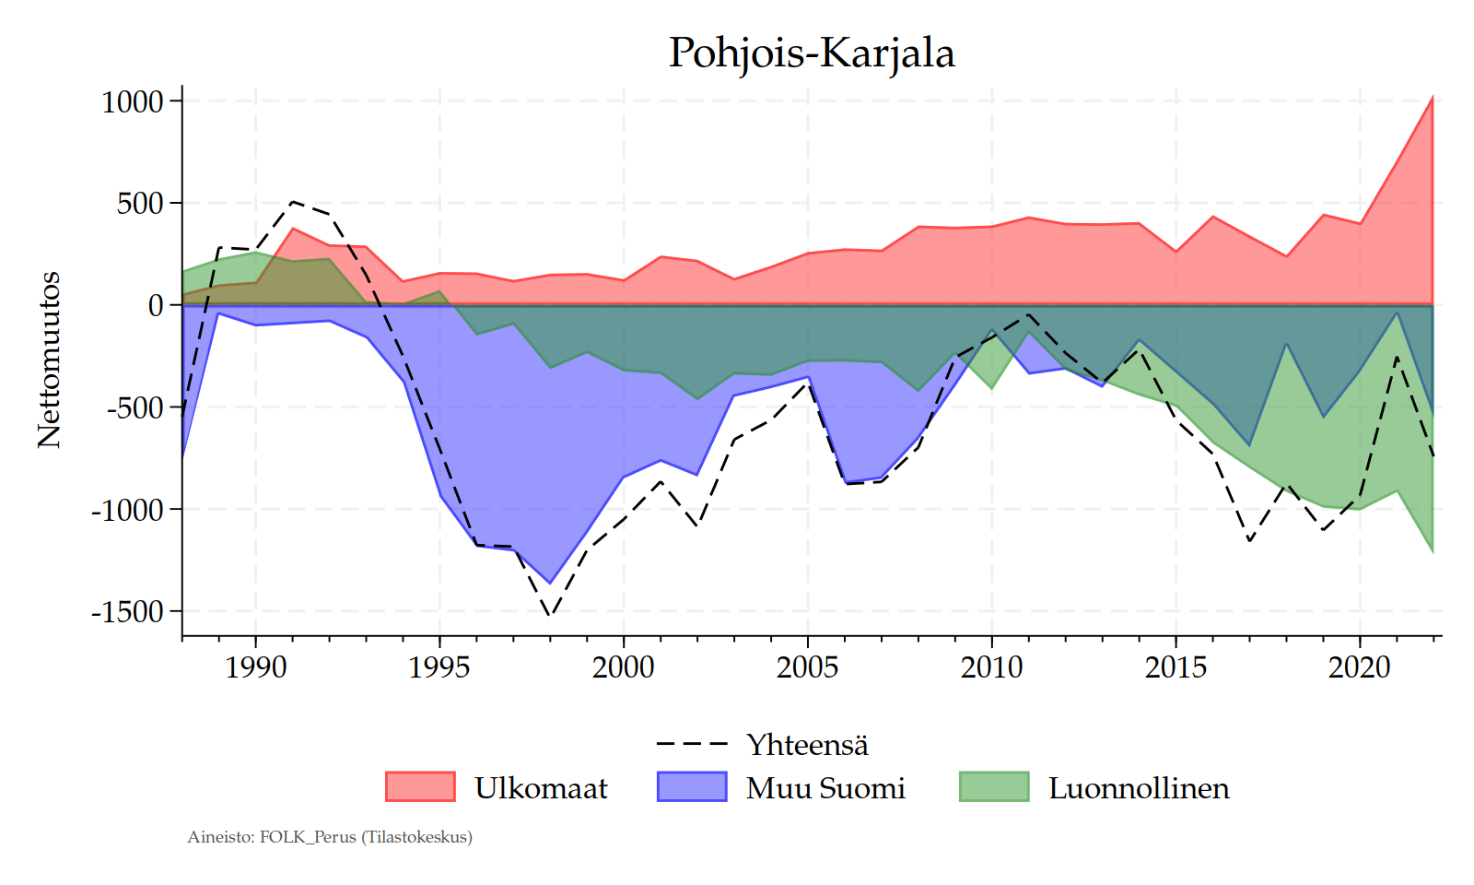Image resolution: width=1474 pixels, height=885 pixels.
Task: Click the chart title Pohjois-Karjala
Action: (811, 53)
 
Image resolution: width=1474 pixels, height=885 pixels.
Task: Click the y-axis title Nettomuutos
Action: (49, 360)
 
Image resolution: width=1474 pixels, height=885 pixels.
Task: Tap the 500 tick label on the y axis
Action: (140, 203)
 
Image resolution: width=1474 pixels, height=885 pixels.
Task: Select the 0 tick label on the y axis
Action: (156, 305)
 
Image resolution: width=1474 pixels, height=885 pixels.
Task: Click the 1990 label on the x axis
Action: (255, 667)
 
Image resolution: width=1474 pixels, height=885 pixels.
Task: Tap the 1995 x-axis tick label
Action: (439, 667)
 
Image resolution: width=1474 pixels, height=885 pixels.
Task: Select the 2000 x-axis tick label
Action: (624, 667)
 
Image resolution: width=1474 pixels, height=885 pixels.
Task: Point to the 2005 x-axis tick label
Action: (808, 667)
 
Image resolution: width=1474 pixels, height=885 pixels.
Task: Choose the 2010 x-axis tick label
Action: (991, 667)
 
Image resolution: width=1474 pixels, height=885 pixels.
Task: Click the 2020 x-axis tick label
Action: (1360, 667)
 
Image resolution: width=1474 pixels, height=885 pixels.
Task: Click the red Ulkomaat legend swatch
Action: (420, 786)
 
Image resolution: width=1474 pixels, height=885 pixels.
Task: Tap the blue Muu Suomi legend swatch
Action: (692, 786)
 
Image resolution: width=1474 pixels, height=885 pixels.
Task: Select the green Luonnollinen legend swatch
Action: (994, 786)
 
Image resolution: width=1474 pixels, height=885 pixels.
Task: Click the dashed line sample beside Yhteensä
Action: (692, 743)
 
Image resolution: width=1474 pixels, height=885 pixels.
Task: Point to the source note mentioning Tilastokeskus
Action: (330, 837)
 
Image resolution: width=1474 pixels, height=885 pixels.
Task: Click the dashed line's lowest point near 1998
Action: (550, 615)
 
